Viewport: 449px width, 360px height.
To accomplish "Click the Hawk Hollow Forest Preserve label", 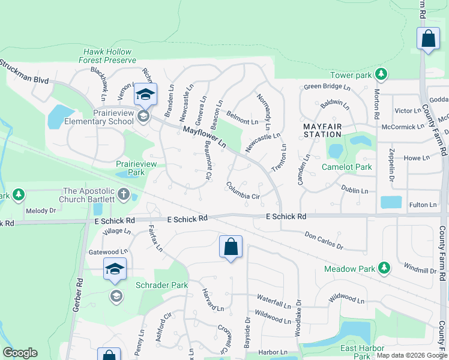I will pyautogui.click(x=108, y=56).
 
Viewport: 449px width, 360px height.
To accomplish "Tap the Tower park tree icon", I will pyautogui.click(x=380, y=74).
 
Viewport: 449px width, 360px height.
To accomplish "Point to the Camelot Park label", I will pyautogui.click(x=347, y=167).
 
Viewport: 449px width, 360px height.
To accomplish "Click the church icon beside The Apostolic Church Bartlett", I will pyautogui.click(x=124, y=194).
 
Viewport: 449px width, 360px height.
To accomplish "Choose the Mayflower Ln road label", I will pyautogui.click(x=204, y=137).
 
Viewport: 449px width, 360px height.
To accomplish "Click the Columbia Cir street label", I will pyautogui.click(x=243, y=192).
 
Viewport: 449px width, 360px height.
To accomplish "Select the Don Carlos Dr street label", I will pyautogui.click(x=324, y=241).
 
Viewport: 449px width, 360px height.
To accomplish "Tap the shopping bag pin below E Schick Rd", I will pyautogui.click(x=231, y=247).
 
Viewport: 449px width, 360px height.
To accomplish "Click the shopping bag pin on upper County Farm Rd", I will pyautogui.click(x=428, y=39).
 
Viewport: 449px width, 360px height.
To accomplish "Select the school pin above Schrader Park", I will pyautogui.click(x=115, y=269).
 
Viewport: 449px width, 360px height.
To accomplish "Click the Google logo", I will pyautogui.click(x=20, y=353).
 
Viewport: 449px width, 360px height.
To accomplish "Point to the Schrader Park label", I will pyautogui.click(x=162, y=285).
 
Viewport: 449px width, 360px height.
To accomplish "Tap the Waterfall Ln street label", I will pyautogui.click(x=274, y=298).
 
